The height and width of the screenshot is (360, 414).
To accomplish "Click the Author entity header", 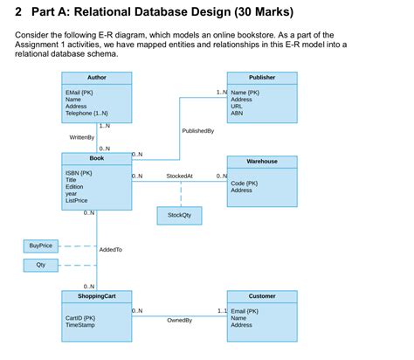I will [x=96, y=78].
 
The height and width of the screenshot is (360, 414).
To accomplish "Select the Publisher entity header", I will [x=261, y=78].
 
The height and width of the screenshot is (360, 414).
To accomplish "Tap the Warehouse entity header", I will [x=261, y=162].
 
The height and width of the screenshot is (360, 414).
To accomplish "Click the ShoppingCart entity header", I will [x=96, y=296].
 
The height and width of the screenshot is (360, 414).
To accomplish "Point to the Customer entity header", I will [x=261, y=296].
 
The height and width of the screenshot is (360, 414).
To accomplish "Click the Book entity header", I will [x=96, y=158].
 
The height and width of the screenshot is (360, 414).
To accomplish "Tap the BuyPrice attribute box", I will [x=40, y=246].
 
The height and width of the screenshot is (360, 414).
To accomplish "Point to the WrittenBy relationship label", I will [x=81, y=138].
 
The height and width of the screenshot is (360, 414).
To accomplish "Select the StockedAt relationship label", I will [x=179, y=176].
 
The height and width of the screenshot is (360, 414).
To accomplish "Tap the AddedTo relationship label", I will [x=111, y=250].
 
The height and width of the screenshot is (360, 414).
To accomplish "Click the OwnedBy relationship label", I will [x=179, y=321].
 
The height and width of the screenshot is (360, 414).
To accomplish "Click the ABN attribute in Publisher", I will [x=237, y=114].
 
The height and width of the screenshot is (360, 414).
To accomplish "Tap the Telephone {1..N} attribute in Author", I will [x=86, y=114].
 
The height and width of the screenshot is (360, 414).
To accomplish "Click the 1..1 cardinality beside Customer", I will [x=221, y=311].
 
